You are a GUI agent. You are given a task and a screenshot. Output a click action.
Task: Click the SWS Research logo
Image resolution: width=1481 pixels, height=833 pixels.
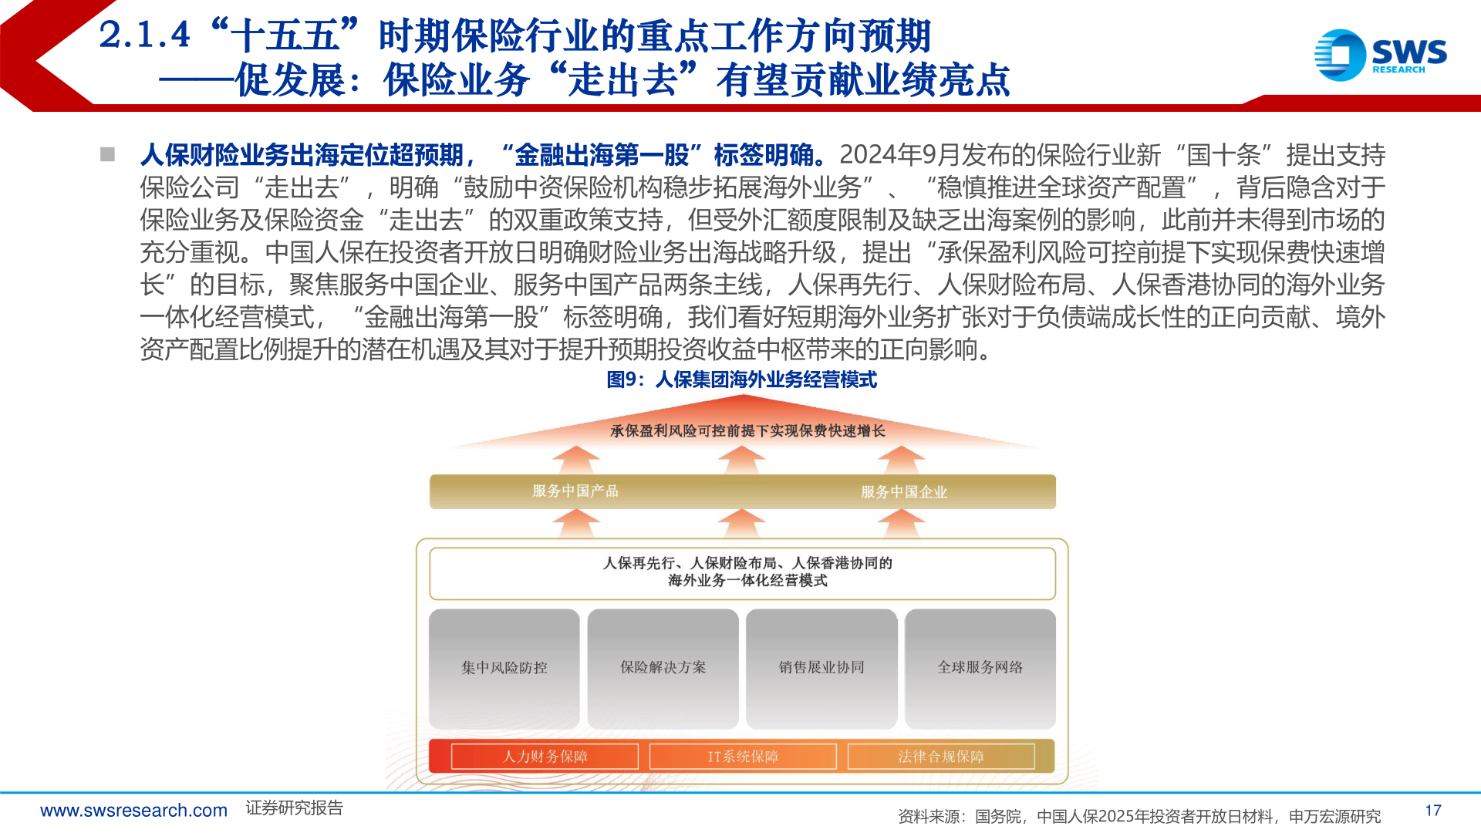[x=1380, y=55]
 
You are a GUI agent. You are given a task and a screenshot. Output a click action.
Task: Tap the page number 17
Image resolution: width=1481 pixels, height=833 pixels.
[x=1433, y=811]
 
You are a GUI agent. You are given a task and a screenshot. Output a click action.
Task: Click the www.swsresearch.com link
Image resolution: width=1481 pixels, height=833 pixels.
[x=133, y=811]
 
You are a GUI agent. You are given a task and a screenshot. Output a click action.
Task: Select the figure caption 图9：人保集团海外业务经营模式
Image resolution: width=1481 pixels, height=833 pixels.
[x=741, y=379]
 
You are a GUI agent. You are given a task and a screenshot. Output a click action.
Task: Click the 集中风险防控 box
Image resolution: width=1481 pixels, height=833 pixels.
[x=504, y=668]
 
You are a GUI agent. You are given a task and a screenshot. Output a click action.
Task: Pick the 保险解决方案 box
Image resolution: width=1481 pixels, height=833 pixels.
[x=663, y=668]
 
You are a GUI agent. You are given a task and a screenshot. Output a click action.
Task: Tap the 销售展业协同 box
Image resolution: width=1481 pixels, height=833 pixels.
[x=821, y=668]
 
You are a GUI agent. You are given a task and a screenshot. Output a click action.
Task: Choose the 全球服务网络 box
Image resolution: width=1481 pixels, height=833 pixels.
[x=980, y=668]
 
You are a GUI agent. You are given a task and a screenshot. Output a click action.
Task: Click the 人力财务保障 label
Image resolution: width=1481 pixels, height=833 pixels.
[x=545, y=757]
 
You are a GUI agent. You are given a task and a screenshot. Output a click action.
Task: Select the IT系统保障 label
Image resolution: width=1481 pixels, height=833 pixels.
[x=743, y=757]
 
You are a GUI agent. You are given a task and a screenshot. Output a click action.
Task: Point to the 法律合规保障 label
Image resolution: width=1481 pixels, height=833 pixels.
[x=941, y=757]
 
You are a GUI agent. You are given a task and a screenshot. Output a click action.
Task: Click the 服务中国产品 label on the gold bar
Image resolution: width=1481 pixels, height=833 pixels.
[x=575, y=491]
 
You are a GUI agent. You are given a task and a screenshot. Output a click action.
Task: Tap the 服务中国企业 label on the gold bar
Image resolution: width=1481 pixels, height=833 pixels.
[x=904, y=492]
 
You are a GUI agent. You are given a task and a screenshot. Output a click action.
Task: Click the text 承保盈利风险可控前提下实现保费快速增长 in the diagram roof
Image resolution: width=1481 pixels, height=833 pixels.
[x=747, y=431]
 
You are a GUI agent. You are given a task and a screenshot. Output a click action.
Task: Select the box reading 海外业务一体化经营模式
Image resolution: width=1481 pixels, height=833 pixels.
[x=743, y=573]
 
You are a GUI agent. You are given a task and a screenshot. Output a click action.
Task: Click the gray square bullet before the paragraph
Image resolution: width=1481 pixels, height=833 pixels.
[x=107, y=154]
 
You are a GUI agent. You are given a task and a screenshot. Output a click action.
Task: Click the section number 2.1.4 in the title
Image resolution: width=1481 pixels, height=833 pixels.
[x=144, y=35]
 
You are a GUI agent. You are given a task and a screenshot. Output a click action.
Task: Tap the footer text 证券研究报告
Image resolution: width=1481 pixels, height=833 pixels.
[x=294, y=808]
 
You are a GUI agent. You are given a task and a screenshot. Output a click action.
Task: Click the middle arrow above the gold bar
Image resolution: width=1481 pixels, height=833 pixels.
[x=742, y=460]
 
